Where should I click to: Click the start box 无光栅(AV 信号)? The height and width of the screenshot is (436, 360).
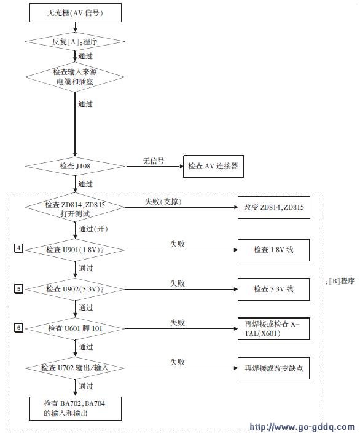click(x=76, y=13)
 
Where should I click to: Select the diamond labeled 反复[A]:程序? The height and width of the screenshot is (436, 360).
click(x=75, y=42)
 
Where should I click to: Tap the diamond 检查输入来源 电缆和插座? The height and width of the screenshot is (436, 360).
click(x=75, y=77)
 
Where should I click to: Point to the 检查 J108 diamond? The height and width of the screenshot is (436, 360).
click(x=75, y=166)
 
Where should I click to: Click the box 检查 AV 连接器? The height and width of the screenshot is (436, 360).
click(x=213, y=166)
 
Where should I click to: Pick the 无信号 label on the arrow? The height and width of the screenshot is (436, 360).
click(x=154, y=161)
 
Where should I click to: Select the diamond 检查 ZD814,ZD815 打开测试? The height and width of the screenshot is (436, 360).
click(x=75, y=207)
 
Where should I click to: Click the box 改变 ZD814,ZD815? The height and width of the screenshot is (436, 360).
click(x=274, y=207)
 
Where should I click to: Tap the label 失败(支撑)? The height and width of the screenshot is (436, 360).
click(x=163, y=201)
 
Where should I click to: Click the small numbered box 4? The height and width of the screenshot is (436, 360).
click(x=18, y=248)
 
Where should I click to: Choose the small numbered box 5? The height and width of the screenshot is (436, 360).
click(x=18, y=289)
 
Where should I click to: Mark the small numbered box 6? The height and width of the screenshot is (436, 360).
click(x=18, y=328)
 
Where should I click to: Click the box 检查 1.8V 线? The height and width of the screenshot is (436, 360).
click(x=274, y=250)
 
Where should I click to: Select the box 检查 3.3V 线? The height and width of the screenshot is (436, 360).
click(x=274, y=289)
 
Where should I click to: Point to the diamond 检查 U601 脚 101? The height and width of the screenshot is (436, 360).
click(x=75, y=328)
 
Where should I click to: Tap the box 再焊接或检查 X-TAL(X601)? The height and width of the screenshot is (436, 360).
click(x=274, y=328)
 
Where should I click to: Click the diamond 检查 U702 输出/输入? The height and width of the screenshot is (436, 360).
click(x=75, y=368)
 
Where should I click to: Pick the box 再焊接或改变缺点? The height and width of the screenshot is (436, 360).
click(x=274, y=368)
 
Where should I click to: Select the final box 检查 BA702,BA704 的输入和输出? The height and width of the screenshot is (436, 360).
click(x=76, y=408)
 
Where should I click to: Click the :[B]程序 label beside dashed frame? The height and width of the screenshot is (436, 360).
click(x=340, y=282)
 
